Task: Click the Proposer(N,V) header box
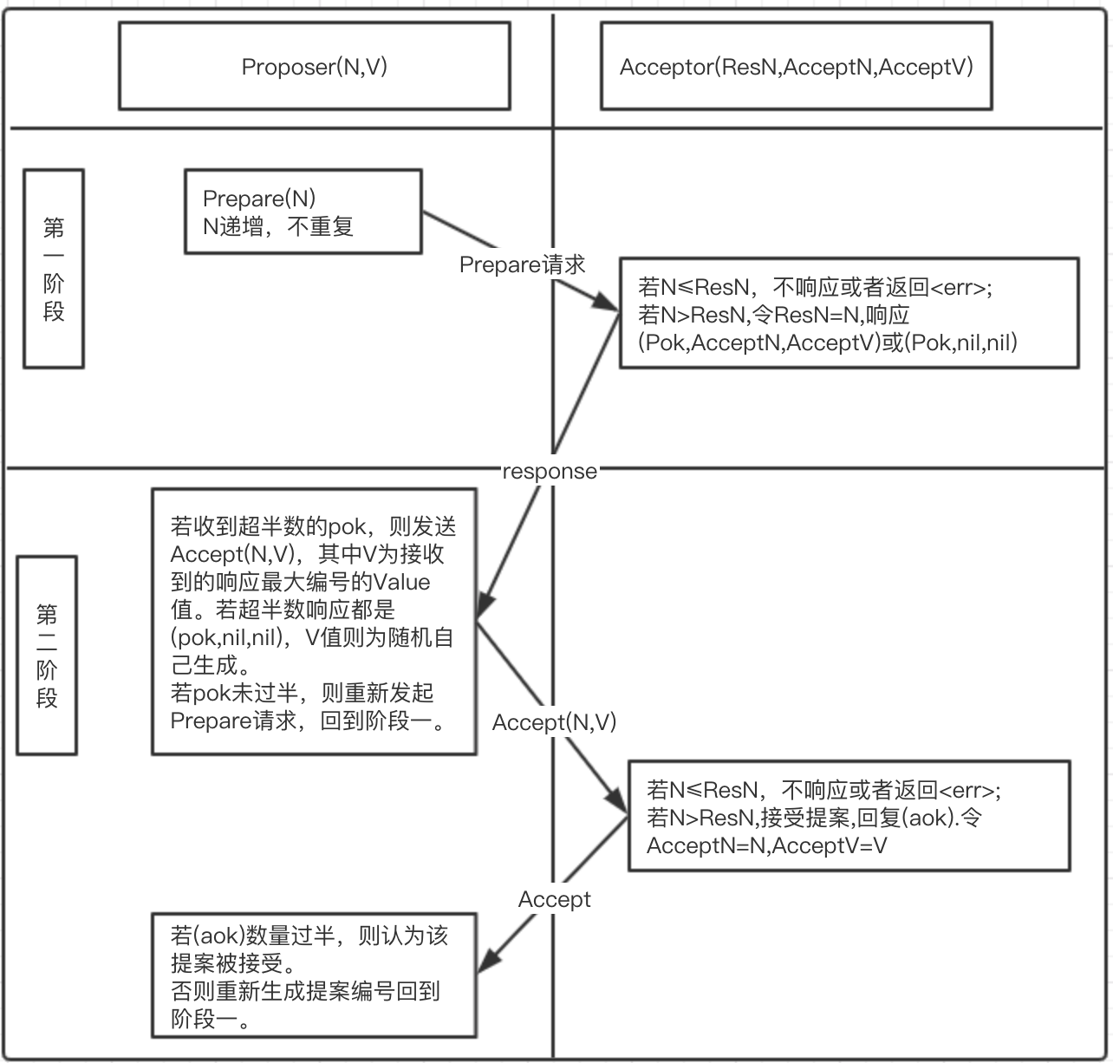314,67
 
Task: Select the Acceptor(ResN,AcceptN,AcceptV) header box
796,67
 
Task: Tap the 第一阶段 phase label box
54,269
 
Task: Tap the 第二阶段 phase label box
47,655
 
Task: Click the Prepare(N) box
303,212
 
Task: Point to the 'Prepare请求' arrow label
522,264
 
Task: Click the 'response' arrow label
550,472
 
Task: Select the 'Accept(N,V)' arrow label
554,722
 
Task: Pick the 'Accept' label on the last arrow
554,899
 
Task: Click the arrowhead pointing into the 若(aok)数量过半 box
488,961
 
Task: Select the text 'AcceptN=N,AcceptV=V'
766,845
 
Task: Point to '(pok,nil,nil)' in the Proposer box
229,638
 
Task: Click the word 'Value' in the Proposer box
401,582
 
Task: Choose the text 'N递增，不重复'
277,227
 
